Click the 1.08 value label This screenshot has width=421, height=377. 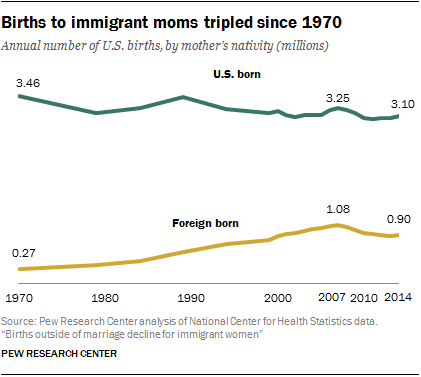[339, 211]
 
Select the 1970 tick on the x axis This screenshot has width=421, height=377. [19, 298]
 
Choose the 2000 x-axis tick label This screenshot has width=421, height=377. [277, 298]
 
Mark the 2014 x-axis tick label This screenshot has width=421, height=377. [400, 298]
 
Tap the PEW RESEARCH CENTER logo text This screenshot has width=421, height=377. [59, 354]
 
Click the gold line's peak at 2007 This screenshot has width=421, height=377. [340, 225]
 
